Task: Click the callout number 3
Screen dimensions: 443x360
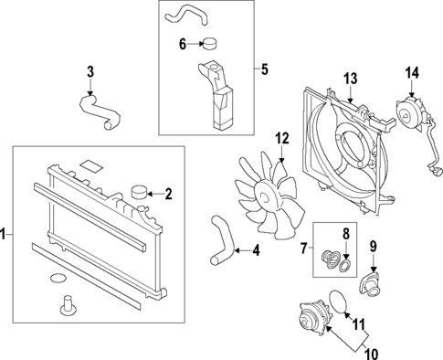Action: (x=90, y=72)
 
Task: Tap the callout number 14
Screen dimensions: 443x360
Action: (x=412, y=73)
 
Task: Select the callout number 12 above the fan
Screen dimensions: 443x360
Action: (x=282, y=139)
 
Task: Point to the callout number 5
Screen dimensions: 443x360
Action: (x=265, y=69)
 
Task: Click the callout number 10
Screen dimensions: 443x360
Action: (x=372, y=354)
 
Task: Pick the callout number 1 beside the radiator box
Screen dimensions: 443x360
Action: (x=3, y=235)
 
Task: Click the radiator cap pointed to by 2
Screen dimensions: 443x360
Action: (x=139, y=193)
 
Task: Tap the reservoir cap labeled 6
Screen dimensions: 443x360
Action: (x=210, y=43)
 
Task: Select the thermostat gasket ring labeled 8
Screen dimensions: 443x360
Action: (x=345, y=266)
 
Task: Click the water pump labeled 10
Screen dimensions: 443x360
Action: (x=314, y=318)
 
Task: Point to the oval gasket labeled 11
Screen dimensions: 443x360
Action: (x=339, y=302)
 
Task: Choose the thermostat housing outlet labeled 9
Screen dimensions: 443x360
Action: (x=371, y=282)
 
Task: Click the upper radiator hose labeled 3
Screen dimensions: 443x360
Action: (x=99, y=111)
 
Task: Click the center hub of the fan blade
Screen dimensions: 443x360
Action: (x=264, y=196)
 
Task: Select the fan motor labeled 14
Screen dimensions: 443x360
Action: (x=409, y=113)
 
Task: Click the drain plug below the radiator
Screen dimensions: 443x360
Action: (x=66, y=305)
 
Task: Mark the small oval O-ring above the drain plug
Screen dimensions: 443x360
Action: (x=58, y=278)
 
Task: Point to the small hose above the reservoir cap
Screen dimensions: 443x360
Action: (x=186, y=16)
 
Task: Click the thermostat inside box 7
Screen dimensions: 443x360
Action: (x=330, y=259)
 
